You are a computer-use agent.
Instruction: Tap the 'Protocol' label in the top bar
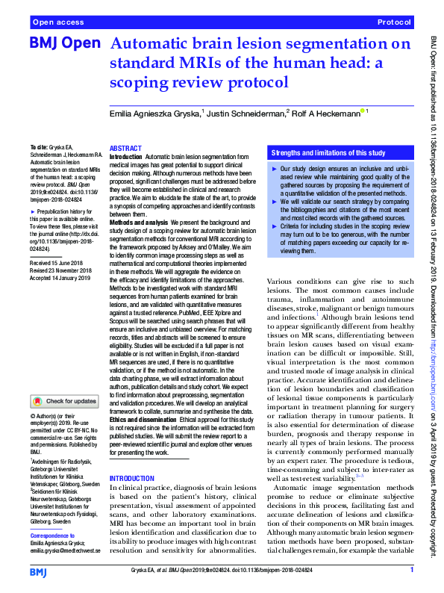pos(394,23)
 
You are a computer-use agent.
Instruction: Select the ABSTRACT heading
pos(125,149)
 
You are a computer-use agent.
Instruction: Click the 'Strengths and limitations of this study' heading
pos(328,154)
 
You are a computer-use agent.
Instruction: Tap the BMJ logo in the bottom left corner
pos(40,571)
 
